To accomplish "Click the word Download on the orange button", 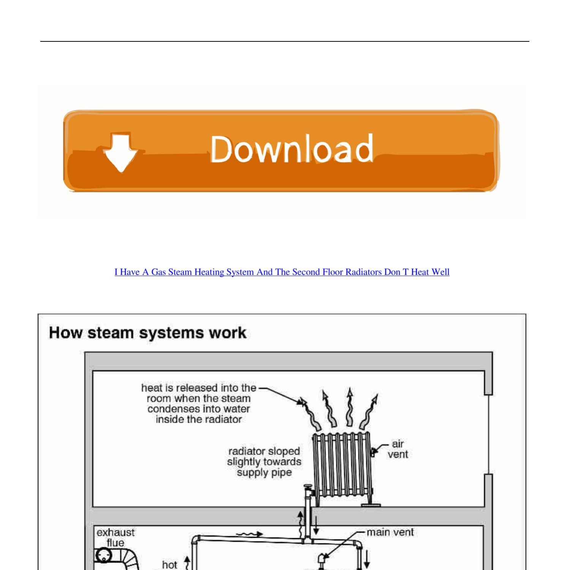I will pyautogui.click(x=291, y=149).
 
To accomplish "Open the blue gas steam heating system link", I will pyautogui.click(x=282, y=272).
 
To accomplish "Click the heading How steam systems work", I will pyautogui.click(x=147, y=333).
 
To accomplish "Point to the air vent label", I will pyautogui.click(x=397, y=449).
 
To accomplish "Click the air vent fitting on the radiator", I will pyautogui.click(x=374, y=451).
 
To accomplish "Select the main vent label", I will pyautogui.click(x=390, y=532).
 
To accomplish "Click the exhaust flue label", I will pyautogui.click(x=115, y=537).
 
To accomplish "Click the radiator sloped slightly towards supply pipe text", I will pyautogui.click(x=264, y=462).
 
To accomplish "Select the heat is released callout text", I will pyautogui.click(x=198, y=404).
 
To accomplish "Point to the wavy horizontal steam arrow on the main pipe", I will pyautogui.click(x=249, y=534).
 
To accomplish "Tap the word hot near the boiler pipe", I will pyautogui.click(x=169, y=565).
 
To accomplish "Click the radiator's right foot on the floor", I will pyautogui.click(x=370, y=505).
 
